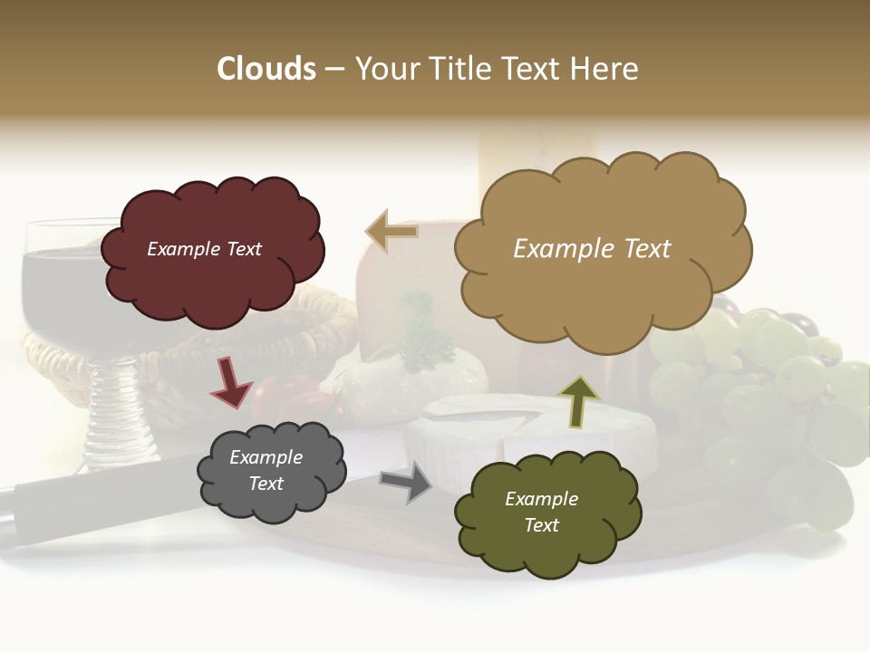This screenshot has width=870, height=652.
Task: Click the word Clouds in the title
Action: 266,69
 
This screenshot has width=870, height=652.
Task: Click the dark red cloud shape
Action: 213,281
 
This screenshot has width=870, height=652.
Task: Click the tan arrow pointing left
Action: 391,233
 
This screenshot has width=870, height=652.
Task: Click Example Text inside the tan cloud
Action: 592,249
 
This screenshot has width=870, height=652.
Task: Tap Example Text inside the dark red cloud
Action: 204,249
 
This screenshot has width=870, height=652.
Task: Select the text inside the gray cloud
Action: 266,470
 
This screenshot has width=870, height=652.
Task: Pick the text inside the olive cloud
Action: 541,512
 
